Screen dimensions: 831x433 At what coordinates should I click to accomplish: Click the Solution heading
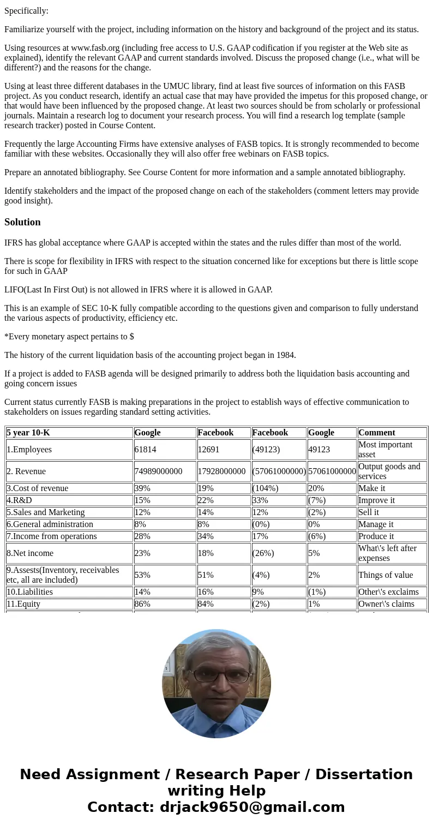pyautogui.click(x=22, y=222)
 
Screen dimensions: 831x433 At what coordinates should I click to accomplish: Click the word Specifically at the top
pyautogui.click(x=26, y=11)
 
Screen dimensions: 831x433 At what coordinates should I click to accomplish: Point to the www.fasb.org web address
pyautogui.click(x=95, y=48)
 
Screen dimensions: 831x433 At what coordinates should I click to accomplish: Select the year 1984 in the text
pyautogui.click(x=285, y=355)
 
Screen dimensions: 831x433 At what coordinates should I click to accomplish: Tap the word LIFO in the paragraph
pyautogui.click(x=14, y=290)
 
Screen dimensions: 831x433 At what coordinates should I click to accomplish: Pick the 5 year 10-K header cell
pyautogui.click(x=28, y=433)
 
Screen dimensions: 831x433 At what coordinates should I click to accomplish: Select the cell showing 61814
pyautogui.click(x=146, y=450)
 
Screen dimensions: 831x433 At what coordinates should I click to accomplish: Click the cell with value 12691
pyautogui.click(x=209, y=450)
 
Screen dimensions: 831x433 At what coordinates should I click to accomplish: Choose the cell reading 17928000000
pyautogui.click(x=221, y=471)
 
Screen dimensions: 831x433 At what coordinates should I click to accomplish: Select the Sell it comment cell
pyautogui.click(x=369, y=512)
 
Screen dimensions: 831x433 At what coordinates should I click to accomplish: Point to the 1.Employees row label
pyautogui.click(x=29, y=450)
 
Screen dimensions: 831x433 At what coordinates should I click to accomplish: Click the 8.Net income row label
pyautogui.click(x=30, y=553)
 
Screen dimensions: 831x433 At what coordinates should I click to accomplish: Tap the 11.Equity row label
pyautogui.click(x=23, y=604)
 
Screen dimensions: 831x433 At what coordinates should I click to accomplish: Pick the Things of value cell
pyautogui.click(x=386, y=575)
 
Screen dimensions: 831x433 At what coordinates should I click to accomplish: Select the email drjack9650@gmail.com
pyautogui.click(x=252, y=808)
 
